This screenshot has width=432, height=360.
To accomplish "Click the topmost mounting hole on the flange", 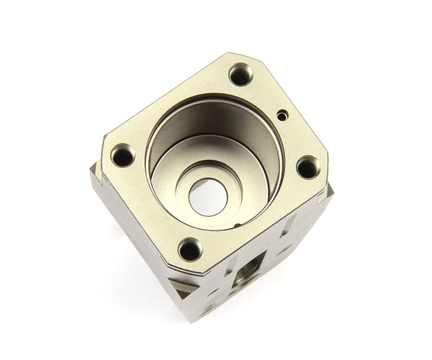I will [240, 73].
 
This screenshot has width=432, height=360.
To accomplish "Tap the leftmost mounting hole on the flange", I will [123, 155].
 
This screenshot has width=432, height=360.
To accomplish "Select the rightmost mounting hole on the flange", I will [307, 167].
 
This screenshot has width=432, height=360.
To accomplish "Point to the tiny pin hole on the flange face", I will [282, 113].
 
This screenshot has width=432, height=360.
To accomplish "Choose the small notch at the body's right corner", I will [329, 189].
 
